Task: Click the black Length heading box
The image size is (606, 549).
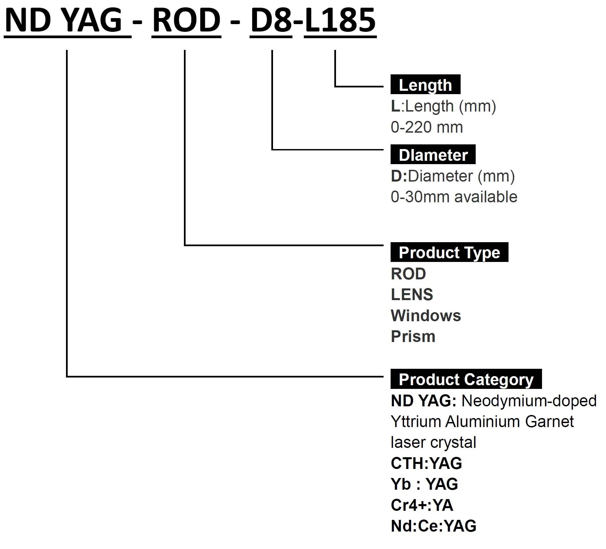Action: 425,84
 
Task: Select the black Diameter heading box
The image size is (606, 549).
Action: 433,154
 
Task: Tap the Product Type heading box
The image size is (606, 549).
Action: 449,252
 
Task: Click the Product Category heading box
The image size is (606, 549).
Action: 466,379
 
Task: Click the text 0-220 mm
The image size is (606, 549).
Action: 426,127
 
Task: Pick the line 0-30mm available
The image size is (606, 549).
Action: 454,197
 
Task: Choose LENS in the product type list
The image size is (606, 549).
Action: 412,295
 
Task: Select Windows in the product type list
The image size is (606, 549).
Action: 426,316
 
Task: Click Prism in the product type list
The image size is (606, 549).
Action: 413,337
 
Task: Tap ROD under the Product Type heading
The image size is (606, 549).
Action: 408,274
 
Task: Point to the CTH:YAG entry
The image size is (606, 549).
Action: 426,463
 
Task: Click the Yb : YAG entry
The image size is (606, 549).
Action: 424,484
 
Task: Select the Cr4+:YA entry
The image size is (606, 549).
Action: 422,505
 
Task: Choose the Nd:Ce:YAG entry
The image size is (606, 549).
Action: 433,526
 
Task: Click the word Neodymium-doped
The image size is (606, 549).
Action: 529,401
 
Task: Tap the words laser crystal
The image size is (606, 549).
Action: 433,442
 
